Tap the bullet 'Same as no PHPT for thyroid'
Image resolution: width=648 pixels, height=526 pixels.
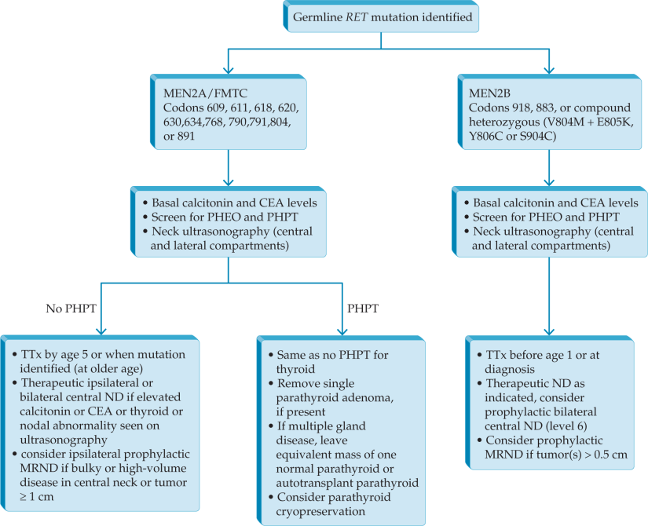(x=330, y=362)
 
